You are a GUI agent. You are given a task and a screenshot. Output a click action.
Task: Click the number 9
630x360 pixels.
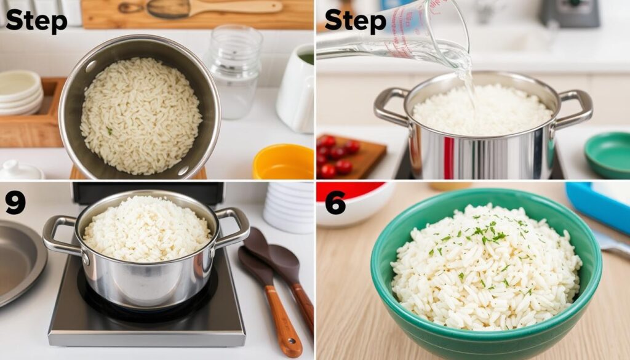(x=15, y=203)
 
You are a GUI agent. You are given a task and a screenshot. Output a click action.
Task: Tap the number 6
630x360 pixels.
(x=335, y=203)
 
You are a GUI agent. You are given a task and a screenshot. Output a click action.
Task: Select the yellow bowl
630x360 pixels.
(x=283, y=161)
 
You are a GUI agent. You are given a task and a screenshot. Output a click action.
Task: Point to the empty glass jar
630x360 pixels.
(x=234, y=71)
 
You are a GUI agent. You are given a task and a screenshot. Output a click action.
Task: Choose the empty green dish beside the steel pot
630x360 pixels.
(x=607, y=154)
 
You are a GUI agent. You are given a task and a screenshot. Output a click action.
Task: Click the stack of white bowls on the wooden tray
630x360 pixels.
(x=20, y=92)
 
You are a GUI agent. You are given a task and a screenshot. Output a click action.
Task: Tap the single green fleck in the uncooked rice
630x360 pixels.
(x=109, y=130)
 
